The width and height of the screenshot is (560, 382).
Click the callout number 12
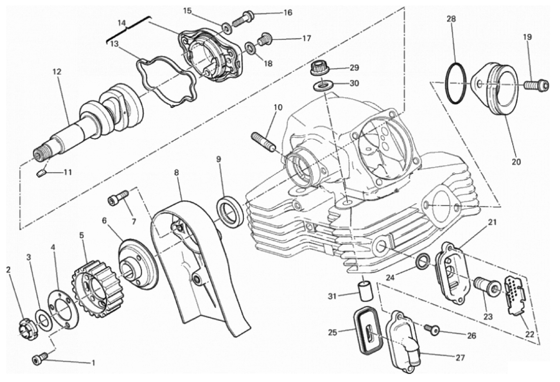coord(57,72)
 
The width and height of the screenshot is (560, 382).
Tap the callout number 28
coord(451,19)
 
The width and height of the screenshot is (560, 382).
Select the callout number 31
coord(333,296)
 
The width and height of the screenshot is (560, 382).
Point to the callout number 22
coord(530,335)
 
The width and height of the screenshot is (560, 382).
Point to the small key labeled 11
coord(42,173)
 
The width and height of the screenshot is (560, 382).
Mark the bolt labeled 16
coord(243,19)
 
